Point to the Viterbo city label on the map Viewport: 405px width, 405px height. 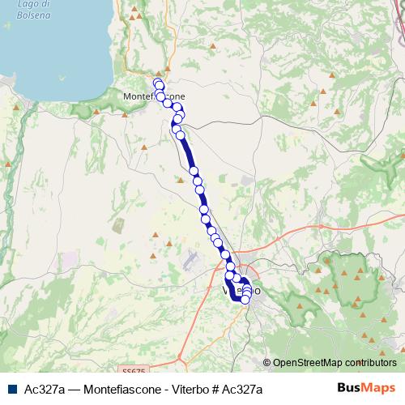pyautogui.click(x=241, y=289)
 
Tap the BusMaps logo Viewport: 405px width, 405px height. pyautogui.click(x=366, y=389)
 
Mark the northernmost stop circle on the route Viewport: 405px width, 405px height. pyautogui.click(x=158, y=84)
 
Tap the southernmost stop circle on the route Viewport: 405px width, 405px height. pyautogui.click(x=245, y=301)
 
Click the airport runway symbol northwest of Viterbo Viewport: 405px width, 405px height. pyautogui.click(x=192, y=262)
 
